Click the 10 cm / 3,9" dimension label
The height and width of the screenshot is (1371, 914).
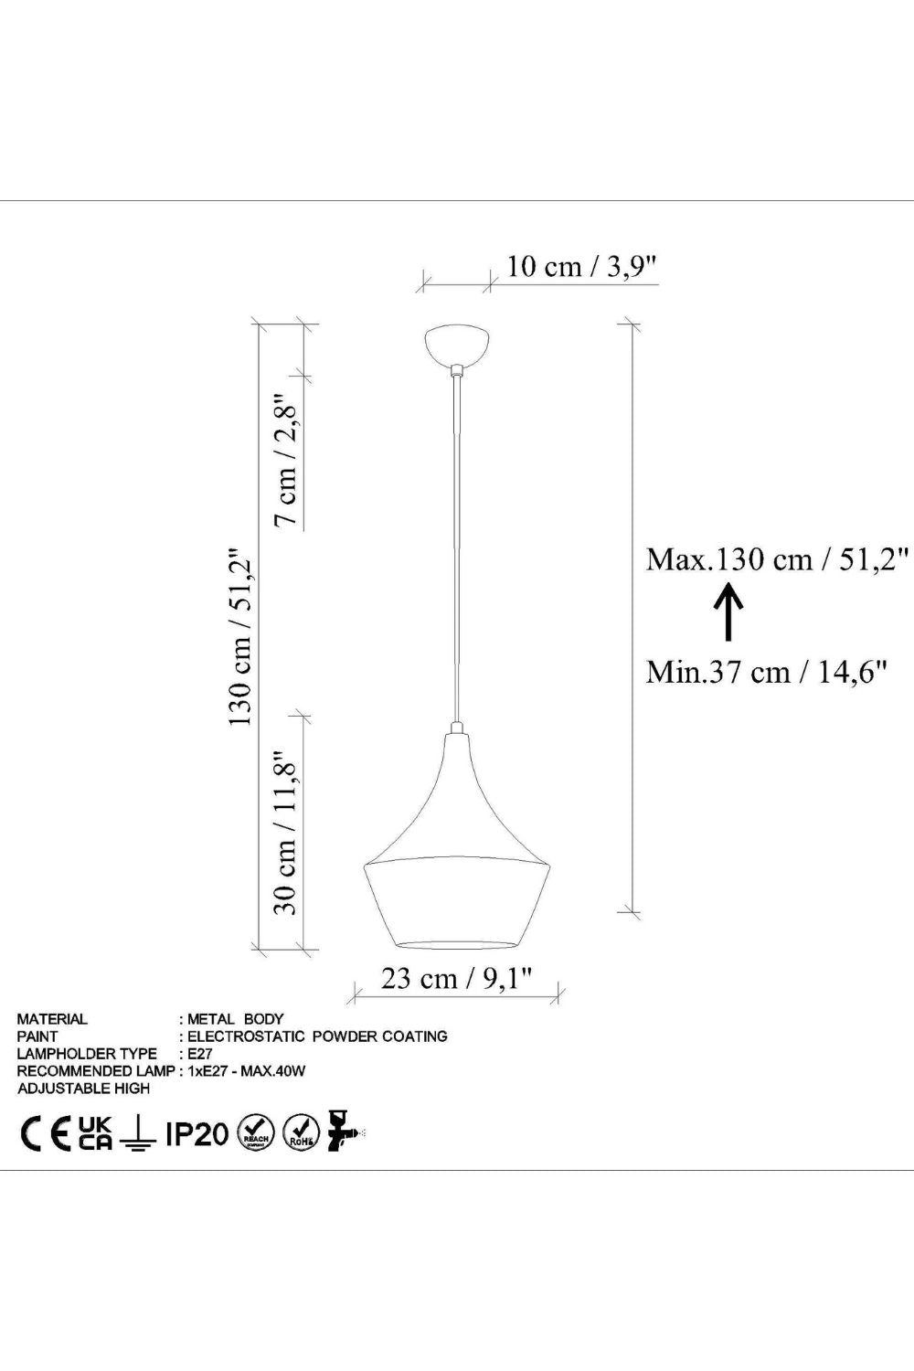(581, 267)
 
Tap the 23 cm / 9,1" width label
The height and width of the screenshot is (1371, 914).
(456, 978)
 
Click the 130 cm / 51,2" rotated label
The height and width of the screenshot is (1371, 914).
(240, 636)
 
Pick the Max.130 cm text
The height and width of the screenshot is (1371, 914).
(729, 559)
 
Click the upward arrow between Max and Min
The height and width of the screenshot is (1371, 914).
(728, 612)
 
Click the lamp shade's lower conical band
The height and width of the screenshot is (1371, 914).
(457, 903)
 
